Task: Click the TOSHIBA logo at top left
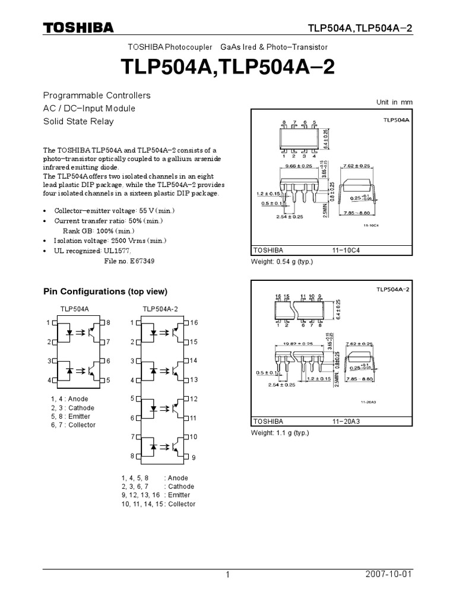point(78,28)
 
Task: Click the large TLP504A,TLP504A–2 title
point(227,67)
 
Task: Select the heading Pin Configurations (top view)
point(105,292)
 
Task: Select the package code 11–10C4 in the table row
point(346,251)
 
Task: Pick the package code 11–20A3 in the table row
point(346,422)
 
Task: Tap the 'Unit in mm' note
point(394,102)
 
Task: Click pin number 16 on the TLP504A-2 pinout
point(194,322)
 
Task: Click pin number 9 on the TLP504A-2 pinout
point(194,458)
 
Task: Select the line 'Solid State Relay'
point(78,122)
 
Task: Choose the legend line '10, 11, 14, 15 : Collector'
point(158,503)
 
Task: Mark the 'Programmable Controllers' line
point(96,96)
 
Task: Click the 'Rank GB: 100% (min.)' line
point(99,230)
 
